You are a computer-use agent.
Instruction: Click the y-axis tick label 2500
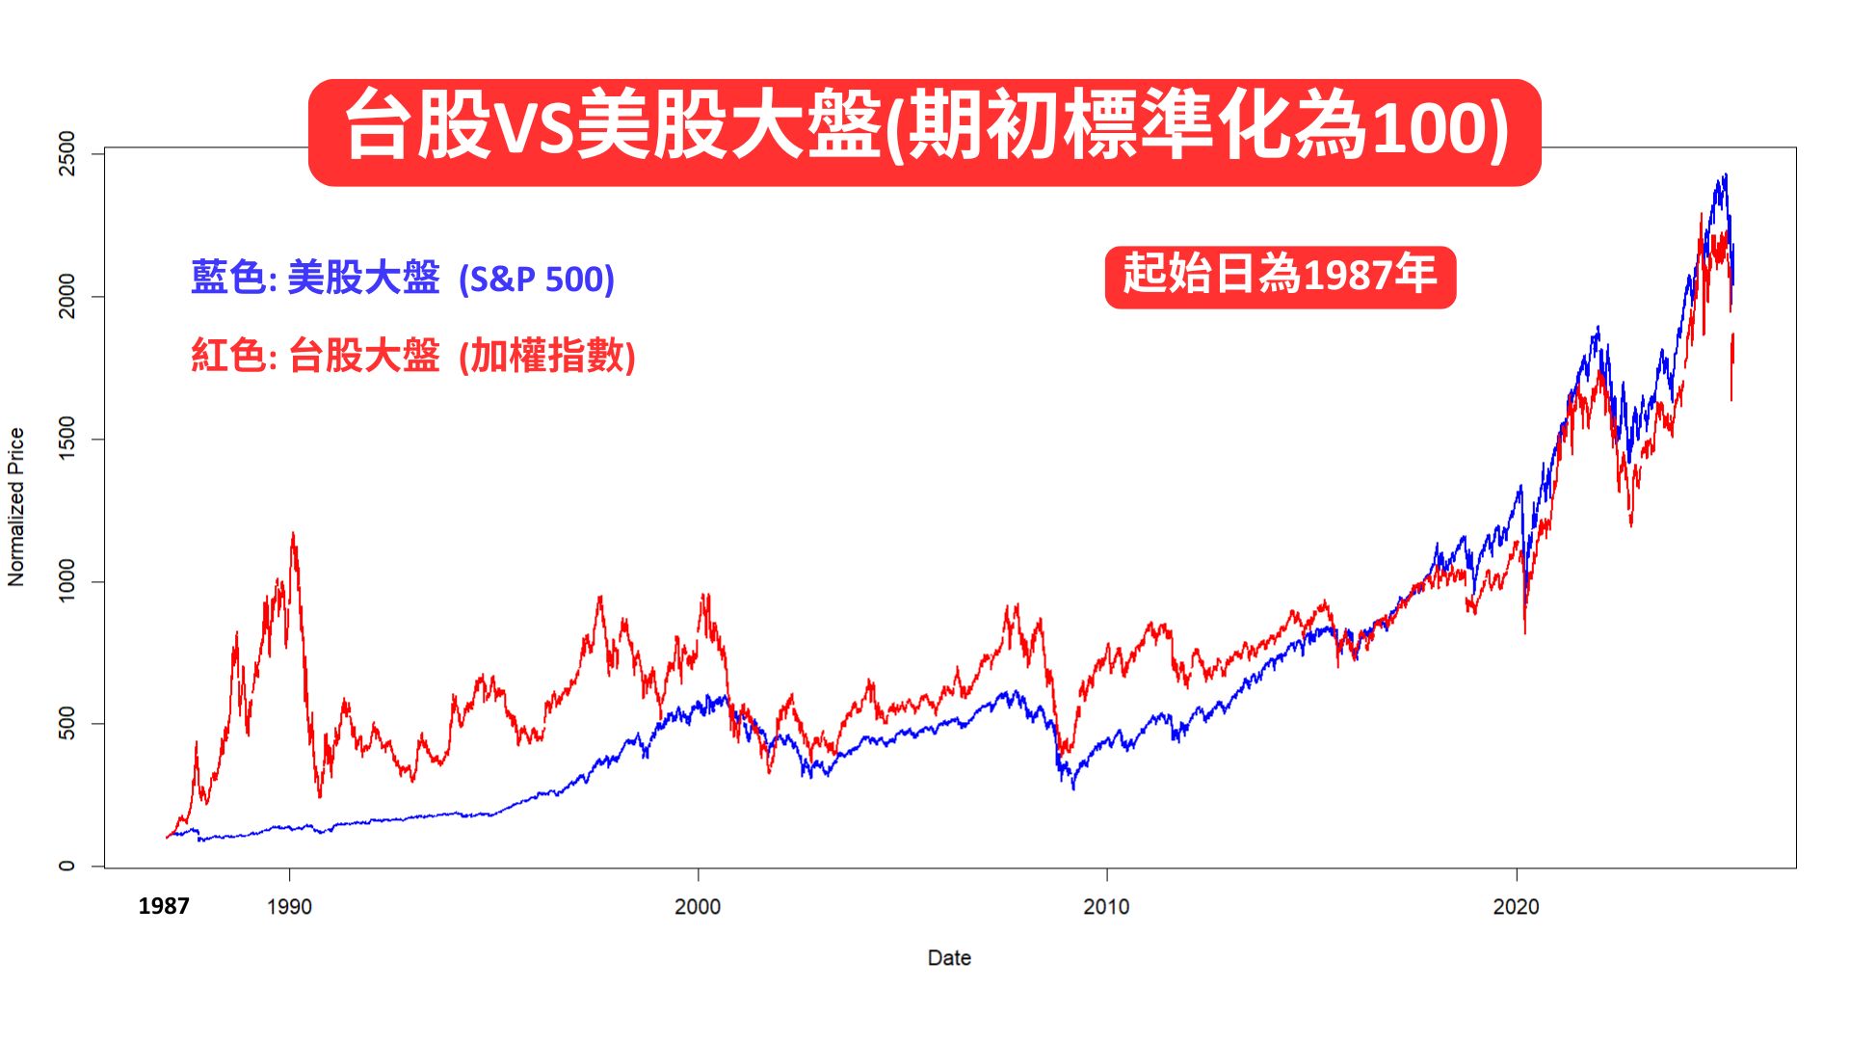tap(66, 153)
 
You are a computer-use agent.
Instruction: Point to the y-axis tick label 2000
tap(66, 296)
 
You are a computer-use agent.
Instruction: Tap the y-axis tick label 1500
tap(66, 439)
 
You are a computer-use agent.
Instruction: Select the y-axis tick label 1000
tap(66, 581)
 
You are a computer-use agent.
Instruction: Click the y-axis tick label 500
tap(66, 723)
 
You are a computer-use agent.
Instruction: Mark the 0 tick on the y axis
tap(66, 866)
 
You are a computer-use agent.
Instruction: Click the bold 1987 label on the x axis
tap(164, 906)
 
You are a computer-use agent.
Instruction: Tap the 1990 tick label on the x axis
tap(289, 907)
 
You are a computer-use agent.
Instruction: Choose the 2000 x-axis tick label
tap(698, 907)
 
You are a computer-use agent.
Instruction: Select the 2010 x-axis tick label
tap(1106, 907)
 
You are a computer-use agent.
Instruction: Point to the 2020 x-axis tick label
tap(1516, 907)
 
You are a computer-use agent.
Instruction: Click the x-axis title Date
tap(949, 958)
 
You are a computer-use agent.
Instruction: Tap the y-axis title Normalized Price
tap(16, 507)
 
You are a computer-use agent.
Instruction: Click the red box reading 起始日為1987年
tap(1280, 276)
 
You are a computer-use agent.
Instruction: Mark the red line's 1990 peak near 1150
tap(293, 534)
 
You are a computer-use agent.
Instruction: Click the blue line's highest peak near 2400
tap(1725, 175)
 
